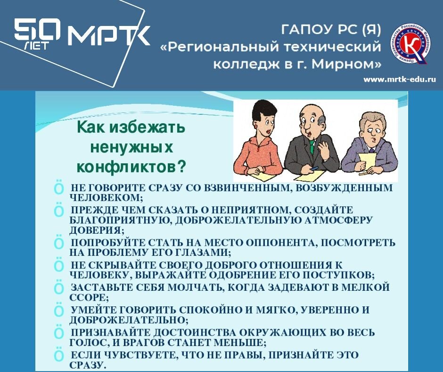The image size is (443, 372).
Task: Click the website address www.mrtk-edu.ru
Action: [x=399, y=79]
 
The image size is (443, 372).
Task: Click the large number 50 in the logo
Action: [x=37, y=32]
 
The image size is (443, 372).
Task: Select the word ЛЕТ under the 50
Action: [x=36, y=48]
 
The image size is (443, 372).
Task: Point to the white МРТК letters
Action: [x=108, y=35]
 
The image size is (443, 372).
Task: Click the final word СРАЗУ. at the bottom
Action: [x=88, y=365]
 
